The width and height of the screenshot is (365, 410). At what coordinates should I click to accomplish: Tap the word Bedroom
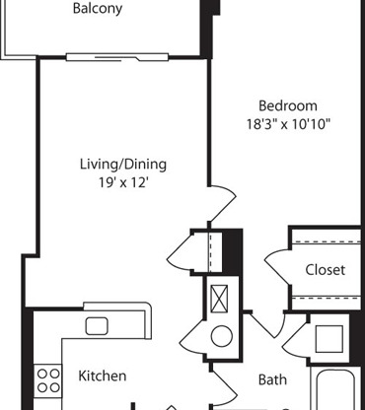[x=288, y=106]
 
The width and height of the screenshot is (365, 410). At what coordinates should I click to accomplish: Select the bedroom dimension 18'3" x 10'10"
[x=288, y=124]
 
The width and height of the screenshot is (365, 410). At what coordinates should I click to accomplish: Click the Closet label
[x=325, y=270]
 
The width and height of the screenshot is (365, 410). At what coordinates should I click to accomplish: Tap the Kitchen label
[x=102, y=376]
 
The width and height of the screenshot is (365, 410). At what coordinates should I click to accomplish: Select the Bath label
[x=272, y=378]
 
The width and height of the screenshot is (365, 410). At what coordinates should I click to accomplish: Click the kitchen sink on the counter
[x=97, y=326]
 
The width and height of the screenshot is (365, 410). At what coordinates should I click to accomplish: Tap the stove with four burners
[x=46, y=379]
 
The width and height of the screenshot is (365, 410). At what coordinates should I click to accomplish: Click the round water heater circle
[x=221, y=337]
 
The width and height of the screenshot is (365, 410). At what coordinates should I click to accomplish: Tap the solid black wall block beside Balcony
[x=209, y=9]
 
